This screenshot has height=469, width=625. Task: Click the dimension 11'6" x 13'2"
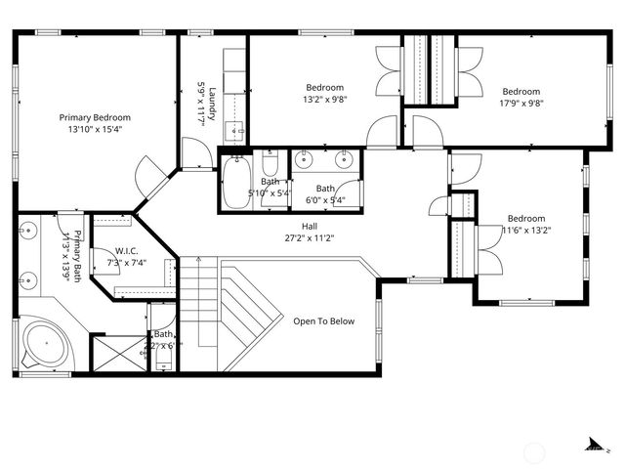526,231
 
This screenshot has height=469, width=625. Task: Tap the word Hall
309,226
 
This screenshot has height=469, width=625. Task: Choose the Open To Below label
324,321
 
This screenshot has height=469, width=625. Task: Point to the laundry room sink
235,128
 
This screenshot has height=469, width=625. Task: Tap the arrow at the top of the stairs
198,261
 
